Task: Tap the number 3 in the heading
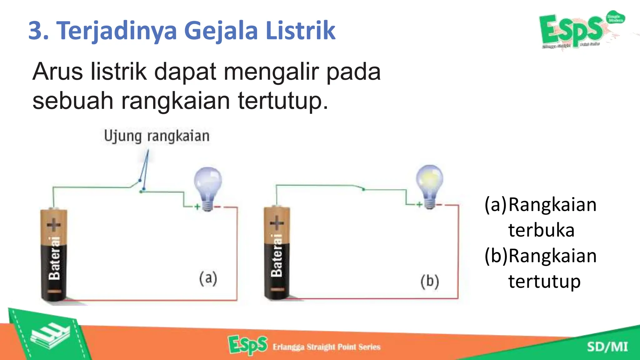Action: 37,31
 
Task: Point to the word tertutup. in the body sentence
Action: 283,101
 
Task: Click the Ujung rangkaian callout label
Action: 157,136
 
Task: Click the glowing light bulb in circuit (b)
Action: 430,186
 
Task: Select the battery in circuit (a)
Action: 54,254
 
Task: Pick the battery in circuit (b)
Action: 277,252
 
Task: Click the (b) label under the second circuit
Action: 430,281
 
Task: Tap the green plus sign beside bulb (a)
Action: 197,207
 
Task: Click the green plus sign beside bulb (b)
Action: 419,205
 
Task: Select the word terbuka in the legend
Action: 541,230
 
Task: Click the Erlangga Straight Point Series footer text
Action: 327,347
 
